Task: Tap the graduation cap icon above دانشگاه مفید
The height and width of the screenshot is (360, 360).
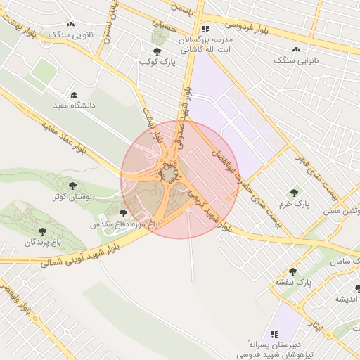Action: point(73,95)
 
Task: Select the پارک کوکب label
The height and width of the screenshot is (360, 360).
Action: point(156,63)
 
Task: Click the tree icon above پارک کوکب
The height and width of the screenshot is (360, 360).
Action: point(156,52)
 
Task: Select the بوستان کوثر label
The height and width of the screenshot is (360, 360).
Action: point(72,196)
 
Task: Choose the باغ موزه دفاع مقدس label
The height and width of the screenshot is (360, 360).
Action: point(124,224)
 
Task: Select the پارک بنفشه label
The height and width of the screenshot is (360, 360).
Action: point(292,283)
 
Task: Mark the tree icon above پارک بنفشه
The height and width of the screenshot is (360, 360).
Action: point(292,271)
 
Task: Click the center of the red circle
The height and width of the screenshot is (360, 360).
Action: point(180,179)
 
